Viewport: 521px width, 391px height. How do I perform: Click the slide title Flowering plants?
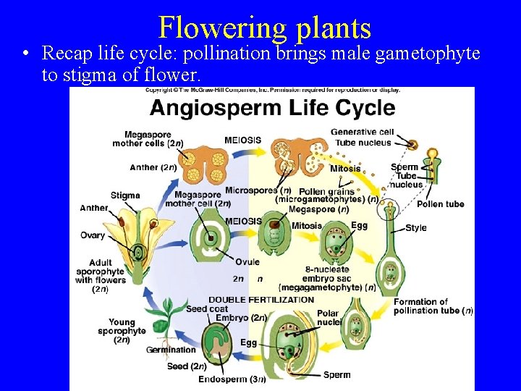click(x=264, y=28)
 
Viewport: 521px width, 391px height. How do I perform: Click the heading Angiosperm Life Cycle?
click(x=272, y=109)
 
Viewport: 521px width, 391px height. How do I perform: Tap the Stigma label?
click(x=125, y=195)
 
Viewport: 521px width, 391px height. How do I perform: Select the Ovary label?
click(x=93, y=235)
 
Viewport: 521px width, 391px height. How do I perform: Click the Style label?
click(x=415, y=228)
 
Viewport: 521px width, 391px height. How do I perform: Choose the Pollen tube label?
click(x=440, y=204)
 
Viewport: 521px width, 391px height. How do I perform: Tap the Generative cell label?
click(x=362, y=132)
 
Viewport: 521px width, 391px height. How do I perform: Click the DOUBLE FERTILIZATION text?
click(x=261, y=299)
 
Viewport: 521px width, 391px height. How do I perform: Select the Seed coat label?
click(x=207, y=308)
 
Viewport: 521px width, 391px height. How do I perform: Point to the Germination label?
click(x=171, y=350)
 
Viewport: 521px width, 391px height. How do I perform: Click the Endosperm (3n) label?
click(x=232, y=378)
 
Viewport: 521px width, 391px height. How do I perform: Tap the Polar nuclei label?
click(x=327, y=318)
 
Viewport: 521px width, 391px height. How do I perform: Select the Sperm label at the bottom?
click(x=337, y=375)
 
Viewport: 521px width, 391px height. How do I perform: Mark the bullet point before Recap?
click(x=25, y=54)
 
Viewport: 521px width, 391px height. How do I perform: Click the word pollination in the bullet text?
click(x=229, y=53)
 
